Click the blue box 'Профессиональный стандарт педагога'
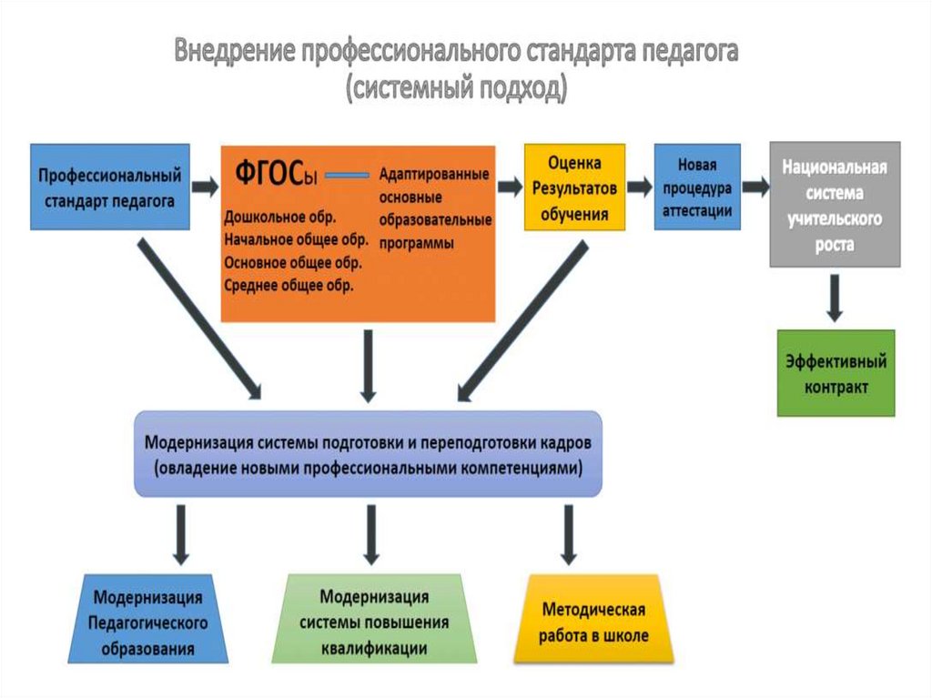[110, 186]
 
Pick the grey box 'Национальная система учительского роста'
[835, 204]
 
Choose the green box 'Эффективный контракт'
[835, 374]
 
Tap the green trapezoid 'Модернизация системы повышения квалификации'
[374, 623]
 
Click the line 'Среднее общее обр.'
[289, 285]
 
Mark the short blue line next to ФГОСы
[347, 175]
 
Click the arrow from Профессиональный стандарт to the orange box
[206, 187]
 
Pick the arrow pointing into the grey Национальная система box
[755, 187]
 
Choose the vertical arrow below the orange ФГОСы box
[368, 364]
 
